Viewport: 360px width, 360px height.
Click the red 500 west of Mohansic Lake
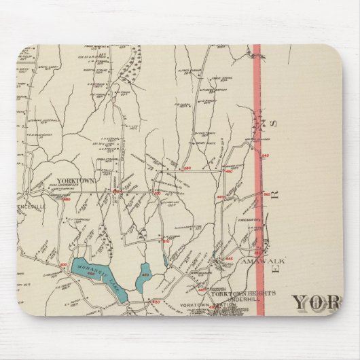point(65,265)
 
